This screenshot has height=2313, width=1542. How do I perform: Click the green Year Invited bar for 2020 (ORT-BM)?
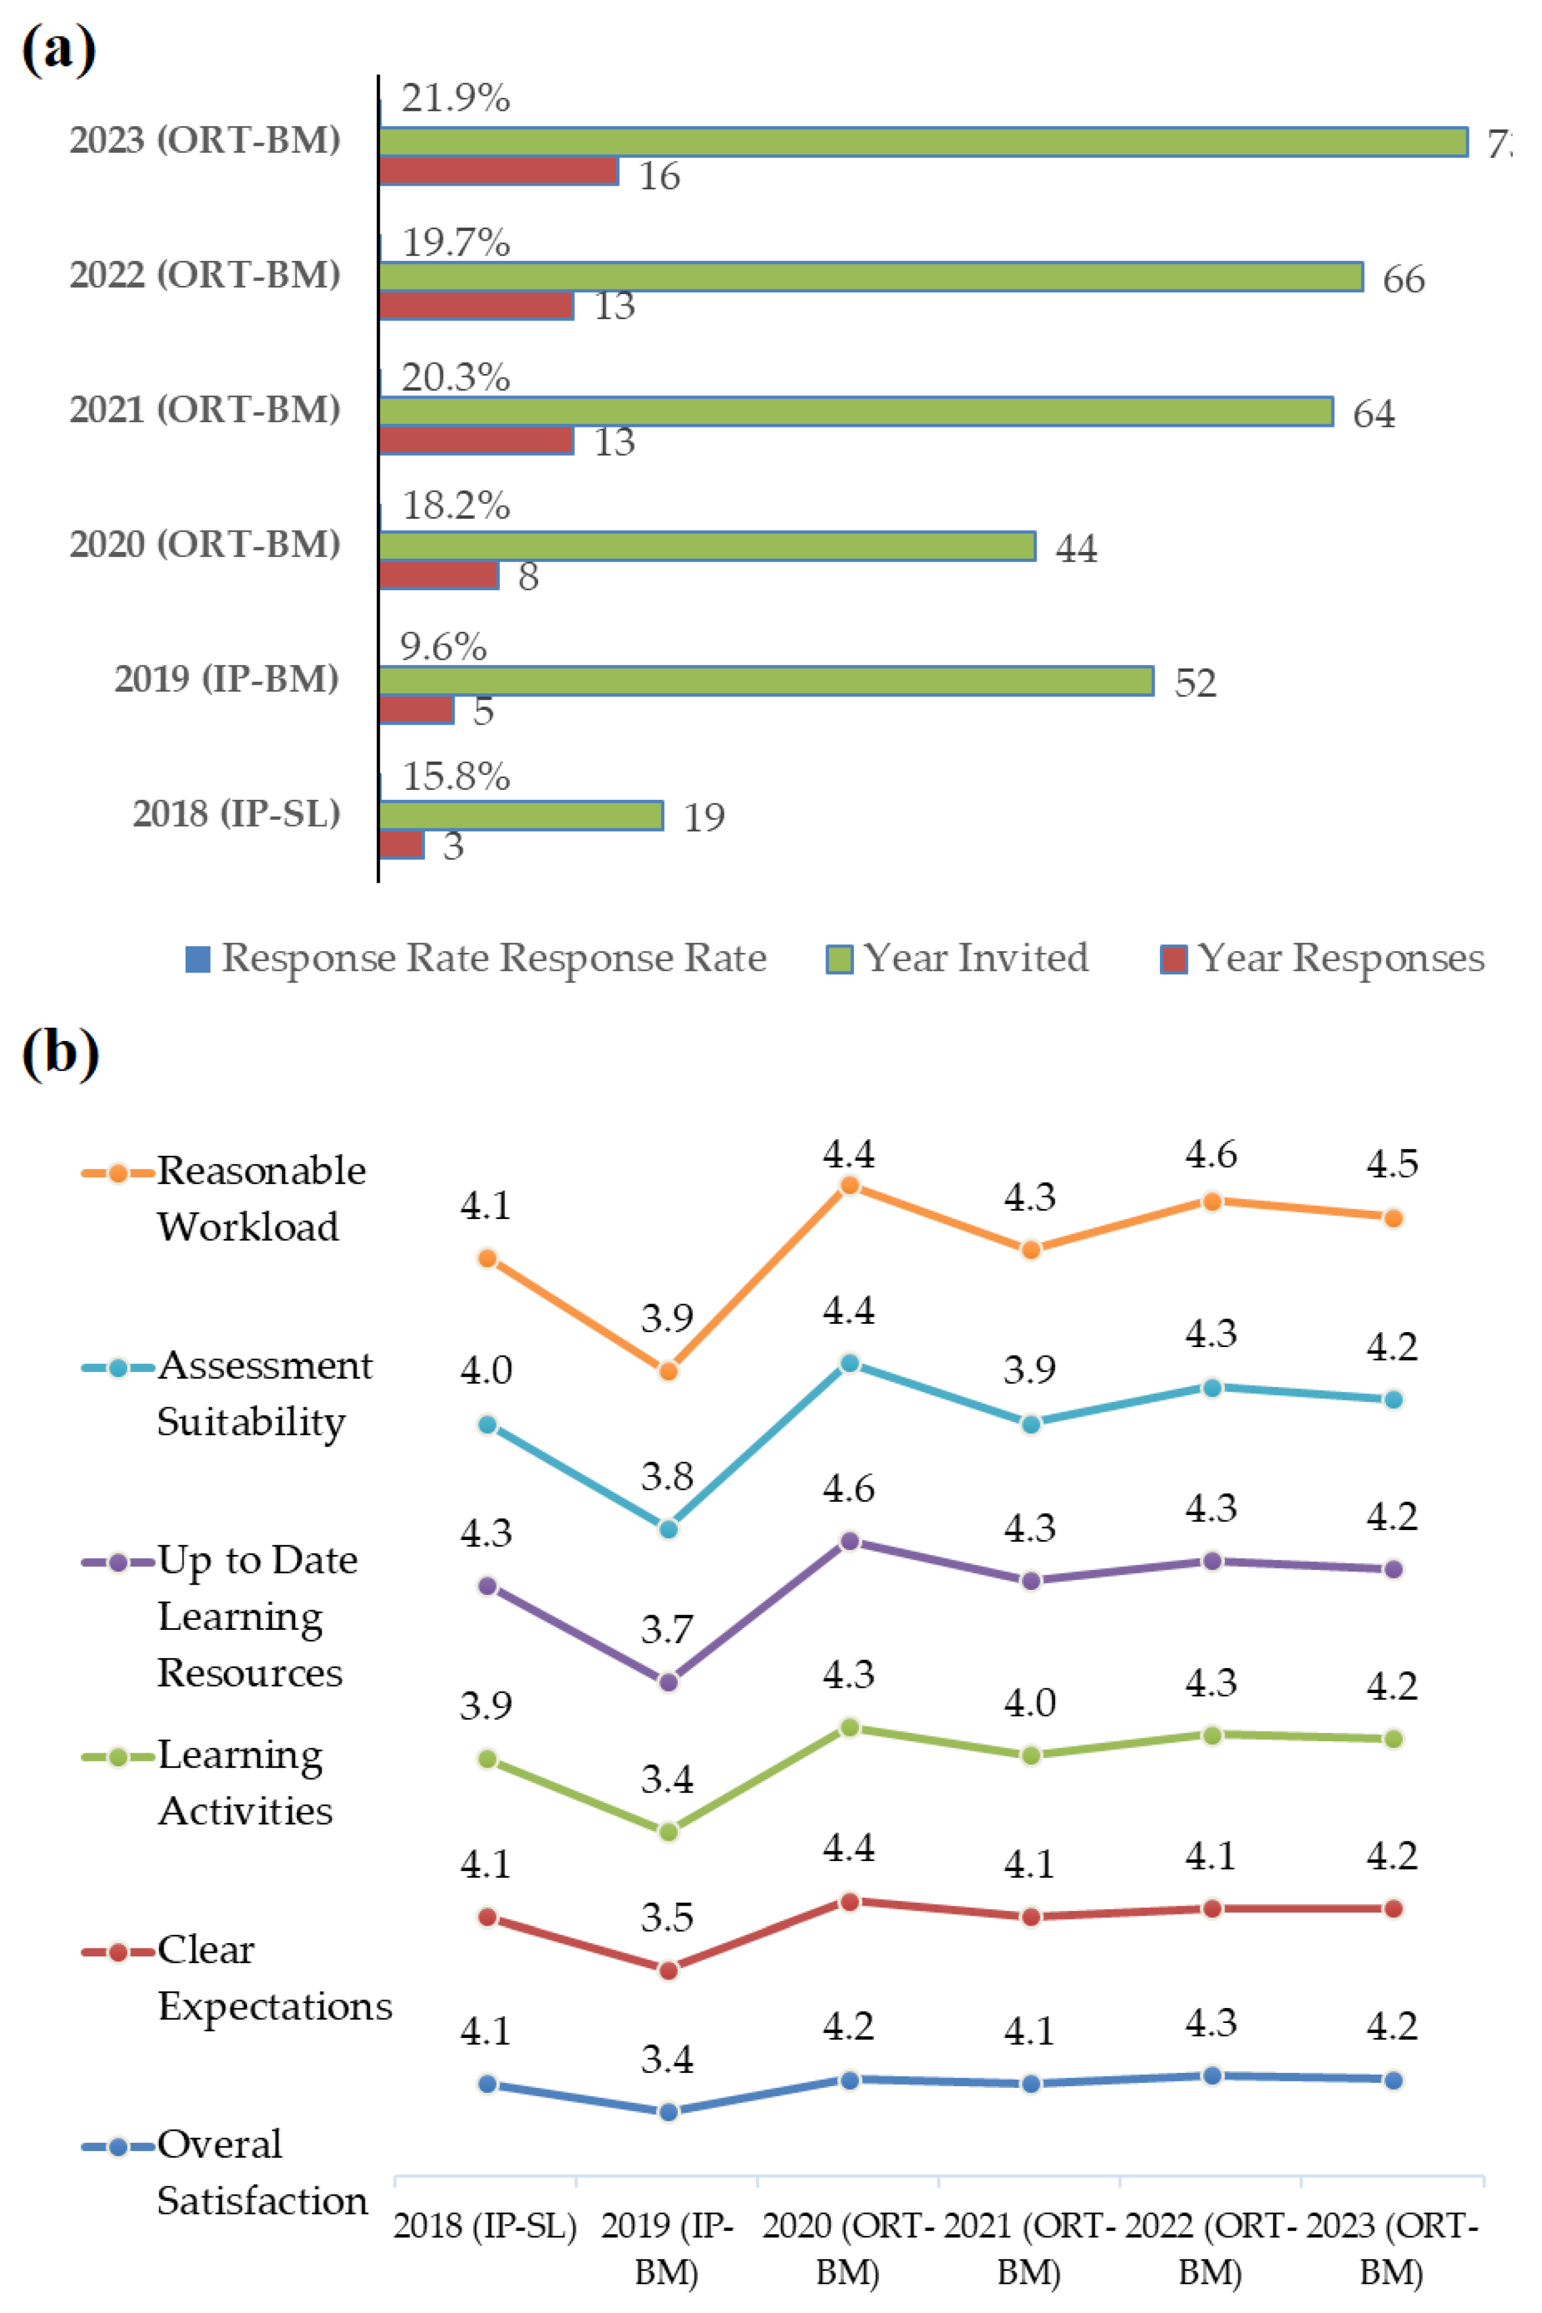point(706,546)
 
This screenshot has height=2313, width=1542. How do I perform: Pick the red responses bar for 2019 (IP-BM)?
point(416,709)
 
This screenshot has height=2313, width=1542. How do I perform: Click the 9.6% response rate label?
point(443,647)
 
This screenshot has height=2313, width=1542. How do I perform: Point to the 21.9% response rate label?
point(455,98)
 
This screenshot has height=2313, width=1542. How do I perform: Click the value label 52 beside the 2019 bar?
point(1195,683)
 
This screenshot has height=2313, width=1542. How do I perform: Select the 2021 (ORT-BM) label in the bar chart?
point(205,409)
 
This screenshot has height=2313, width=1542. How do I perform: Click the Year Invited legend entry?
point(959,958)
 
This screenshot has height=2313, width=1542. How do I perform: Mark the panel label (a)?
point(59,49)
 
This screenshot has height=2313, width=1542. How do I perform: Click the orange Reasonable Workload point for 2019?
point(668,1370)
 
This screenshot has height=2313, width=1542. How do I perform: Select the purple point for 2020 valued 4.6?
point(850,1541)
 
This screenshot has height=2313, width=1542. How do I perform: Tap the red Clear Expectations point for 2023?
point(1393,1909)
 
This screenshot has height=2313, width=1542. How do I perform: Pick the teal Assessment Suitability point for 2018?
point(487,1424)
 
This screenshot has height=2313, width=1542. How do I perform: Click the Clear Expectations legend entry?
point(236,1978)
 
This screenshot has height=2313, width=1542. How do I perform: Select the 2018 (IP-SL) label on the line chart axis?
point(485,2225)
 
